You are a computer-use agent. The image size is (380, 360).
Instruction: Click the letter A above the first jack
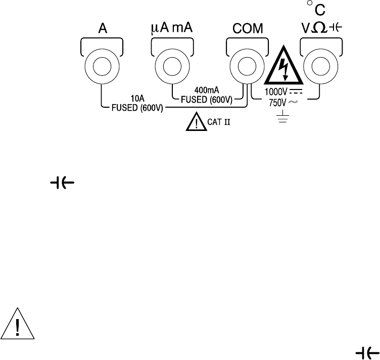pos(102,30)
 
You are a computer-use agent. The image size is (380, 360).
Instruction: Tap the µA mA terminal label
pos(173,30)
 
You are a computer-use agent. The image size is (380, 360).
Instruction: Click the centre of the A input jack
pos(102,66)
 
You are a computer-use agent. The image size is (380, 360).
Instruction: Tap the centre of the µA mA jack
pos(173,66)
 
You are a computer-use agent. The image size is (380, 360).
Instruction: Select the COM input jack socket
pos(247,66)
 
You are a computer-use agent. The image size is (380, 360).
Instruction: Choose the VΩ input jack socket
pos(319,66)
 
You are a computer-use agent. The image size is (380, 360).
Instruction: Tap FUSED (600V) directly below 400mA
pos(206,100)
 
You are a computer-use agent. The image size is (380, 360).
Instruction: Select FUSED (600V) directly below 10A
pos(136,108)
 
